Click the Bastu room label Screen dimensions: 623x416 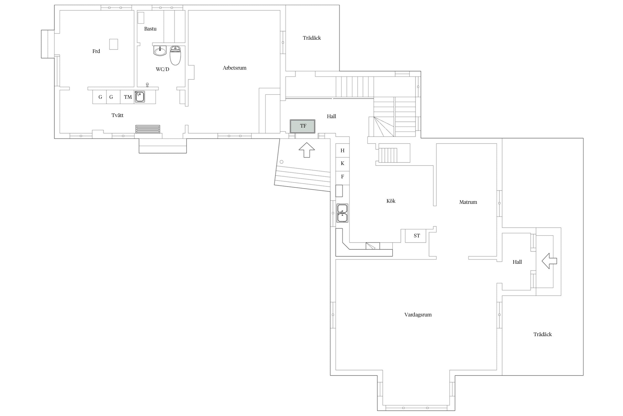(150, 29)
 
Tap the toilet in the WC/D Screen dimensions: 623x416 (175, 55)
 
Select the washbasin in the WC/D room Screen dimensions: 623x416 (160, 51)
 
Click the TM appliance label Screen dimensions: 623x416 (128, 97)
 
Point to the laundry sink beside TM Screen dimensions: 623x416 (140, 97)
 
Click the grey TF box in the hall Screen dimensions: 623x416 (303, 126)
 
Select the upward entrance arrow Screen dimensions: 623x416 (307, 150)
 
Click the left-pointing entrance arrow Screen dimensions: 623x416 (549, 261)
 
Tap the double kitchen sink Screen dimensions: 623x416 (343, 213)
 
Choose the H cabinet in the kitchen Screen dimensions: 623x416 (343, 151)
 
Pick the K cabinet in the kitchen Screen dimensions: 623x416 (343, 164)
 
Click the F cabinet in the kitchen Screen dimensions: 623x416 (343, 177)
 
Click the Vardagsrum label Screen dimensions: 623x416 (418, 315)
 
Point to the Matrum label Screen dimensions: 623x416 (468, 202)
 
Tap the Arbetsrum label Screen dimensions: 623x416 (235, 68)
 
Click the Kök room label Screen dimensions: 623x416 (391, 201)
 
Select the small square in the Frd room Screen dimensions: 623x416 (114, 44)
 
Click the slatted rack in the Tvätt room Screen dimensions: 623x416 (148, 129)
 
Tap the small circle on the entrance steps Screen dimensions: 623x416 (282, 162)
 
